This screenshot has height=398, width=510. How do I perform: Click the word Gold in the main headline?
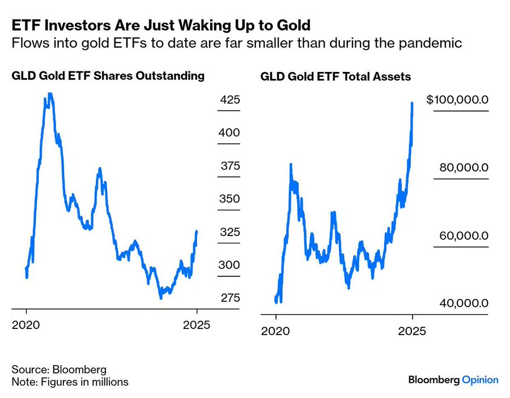[295, 25]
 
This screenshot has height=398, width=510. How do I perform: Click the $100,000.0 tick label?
[457, 100]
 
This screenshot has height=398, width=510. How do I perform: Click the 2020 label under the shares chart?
[26, 325]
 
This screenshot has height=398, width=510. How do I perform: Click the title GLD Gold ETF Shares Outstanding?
[108, 76]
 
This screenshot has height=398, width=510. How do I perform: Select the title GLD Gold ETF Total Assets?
[335, 76]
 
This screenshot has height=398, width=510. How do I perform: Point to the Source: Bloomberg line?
[59, 370]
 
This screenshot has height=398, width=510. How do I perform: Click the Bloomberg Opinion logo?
[453, 380]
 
